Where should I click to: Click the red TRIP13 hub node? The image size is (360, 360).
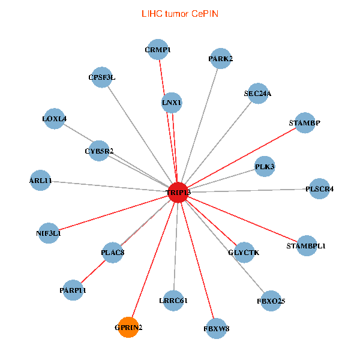(178, 192)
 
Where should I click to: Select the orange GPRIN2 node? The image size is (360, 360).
(128, 327)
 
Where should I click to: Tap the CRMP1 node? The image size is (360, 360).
(158, 50)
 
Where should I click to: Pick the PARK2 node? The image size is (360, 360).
(220, 59)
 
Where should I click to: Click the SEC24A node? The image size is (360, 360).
(257, 93)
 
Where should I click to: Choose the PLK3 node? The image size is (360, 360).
(265, 166)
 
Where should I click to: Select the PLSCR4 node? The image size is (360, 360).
(319, 189)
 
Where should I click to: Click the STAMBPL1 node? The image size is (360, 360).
(306, 245)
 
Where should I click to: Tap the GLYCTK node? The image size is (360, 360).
(244, 252)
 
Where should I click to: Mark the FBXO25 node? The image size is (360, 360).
(271, 300)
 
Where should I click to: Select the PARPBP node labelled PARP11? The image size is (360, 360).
(73, 290)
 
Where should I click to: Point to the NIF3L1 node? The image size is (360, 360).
(49, 233)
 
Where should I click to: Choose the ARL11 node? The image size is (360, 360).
(41, 180)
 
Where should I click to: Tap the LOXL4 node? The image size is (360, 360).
(55, 119)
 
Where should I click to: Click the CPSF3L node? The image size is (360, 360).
(102, 77)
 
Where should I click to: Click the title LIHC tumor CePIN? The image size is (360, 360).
(179, 13)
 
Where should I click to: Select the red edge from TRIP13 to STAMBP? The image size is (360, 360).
(240, 158)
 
